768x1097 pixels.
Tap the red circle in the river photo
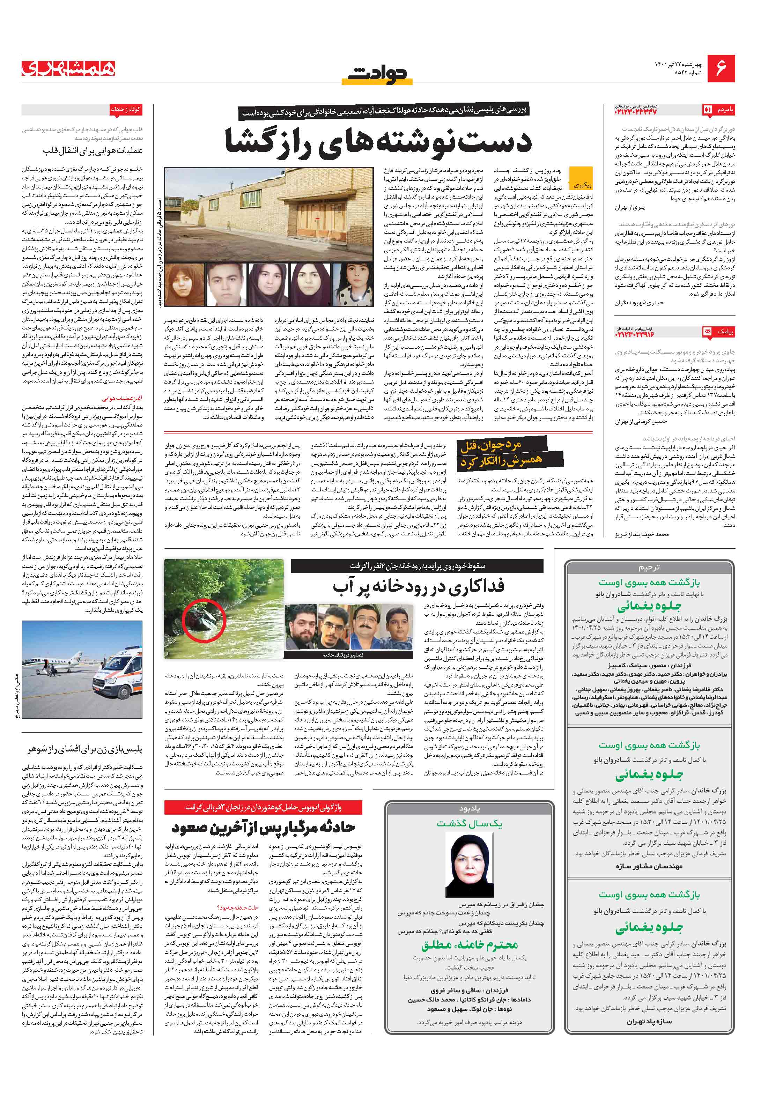[203, 622]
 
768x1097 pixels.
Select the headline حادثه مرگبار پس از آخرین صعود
[263, 828]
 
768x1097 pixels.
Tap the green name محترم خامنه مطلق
[469, 944]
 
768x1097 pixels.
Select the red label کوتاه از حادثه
[126, 109]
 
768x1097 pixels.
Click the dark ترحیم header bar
[649, 568]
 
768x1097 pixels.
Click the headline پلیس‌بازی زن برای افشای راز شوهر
[84, 750]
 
